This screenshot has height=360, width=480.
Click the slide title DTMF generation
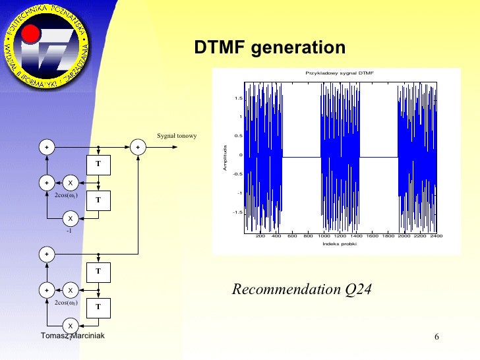tap(269, 48)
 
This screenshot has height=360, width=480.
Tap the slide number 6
tap(436, 338)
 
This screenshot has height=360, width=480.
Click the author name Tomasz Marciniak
tap(72, 336)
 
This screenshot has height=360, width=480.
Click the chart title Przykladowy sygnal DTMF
tap(339, 73)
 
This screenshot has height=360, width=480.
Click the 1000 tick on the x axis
tap(324, 235)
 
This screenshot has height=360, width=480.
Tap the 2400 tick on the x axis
tap(435, 235)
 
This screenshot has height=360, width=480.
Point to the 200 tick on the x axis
tap(260, 235)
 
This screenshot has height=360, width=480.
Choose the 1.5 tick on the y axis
tap(238, 98)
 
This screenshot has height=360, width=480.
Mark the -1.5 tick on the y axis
tap(237, 212)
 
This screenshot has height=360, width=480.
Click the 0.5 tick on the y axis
tap(238, 136)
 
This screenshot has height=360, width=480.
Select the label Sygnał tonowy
tap(177, 136)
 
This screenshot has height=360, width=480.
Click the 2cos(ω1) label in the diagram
tap(67, 195)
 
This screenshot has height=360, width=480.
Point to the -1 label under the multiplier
tap(68, 230)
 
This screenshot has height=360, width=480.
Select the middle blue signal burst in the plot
tap(340, 156)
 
